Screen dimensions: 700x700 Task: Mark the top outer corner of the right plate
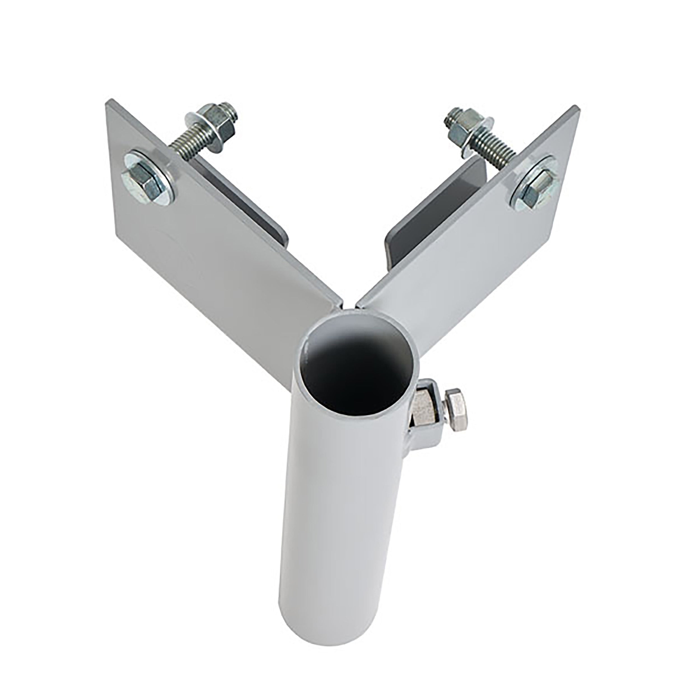pyautogui.click(x=576, y=107)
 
